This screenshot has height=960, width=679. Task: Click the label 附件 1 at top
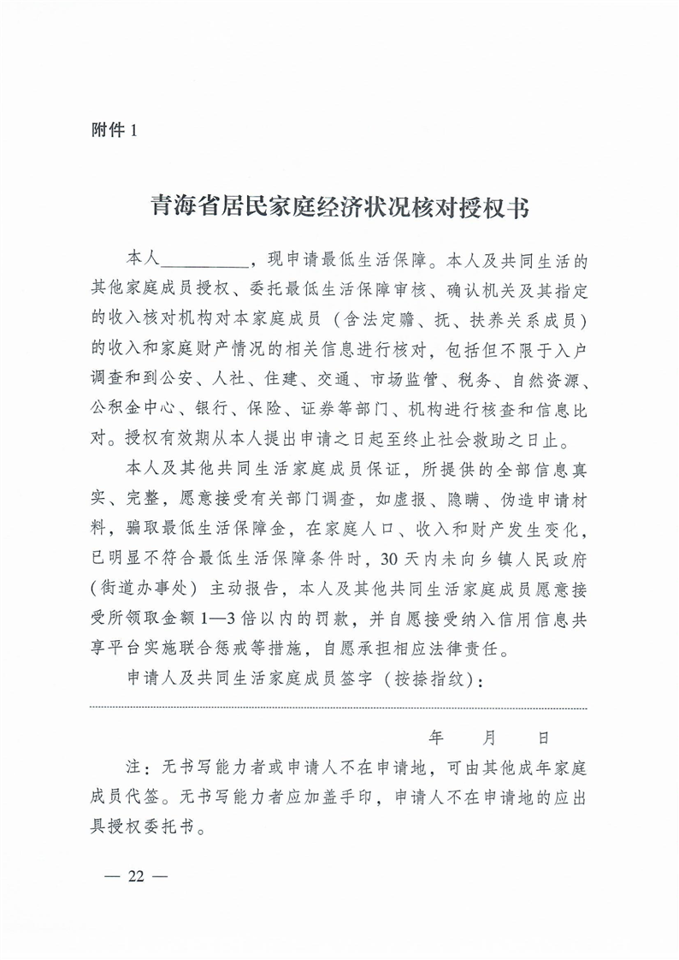coord(113,130)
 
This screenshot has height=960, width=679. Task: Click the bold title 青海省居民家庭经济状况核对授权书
coord(339,207)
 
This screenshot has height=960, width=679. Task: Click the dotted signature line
coord(339,708)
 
